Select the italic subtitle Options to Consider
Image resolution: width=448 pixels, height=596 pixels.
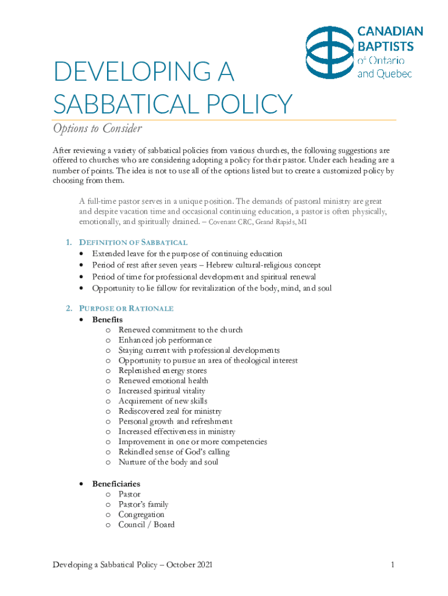pyautogui.click(x=97, y=128)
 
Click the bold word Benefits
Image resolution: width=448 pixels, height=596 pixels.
pyautogui.click(x=107, y=320)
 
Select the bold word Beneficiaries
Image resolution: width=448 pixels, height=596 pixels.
pyautogui.click(x=116, y=484)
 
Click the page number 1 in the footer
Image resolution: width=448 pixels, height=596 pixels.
pyautogui.click(x=393, y=565)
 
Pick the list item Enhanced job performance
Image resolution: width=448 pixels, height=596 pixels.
pyautogui.click(x=165, y=340)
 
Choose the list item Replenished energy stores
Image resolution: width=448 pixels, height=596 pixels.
pyautogui.click(x=162, y=371)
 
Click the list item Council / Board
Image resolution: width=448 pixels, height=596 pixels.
pyautogui.click(x=146, y=524)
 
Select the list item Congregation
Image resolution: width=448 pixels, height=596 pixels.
pyautogui.click(x=141, y=515)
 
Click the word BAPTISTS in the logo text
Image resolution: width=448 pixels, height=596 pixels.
pyautogui.click(x=385, y=46)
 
